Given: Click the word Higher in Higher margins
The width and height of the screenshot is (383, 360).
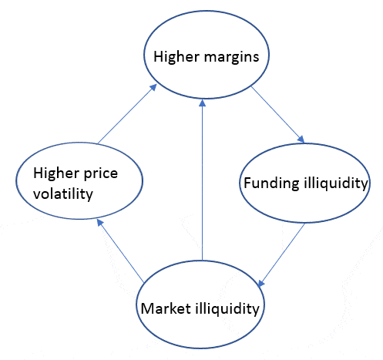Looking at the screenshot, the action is click(176, 57).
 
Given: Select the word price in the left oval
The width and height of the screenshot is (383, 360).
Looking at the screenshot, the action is click(101, 174).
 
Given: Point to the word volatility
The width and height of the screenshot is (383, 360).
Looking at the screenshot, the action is click(63, 193).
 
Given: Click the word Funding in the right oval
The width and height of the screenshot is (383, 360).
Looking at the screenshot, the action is click(271, 183).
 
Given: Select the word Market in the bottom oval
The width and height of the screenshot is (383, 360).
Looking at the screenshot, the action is click(166, 308).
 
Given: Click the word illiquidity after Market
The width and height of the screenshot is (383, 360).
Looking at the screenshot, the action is click(227, 308).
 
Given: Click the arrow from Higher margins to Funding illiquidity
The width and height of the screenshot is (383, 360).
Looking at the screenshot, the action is click(277, 115).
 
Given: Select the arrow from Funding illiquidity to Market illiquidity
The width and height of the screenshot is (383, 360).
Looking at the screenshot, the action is click(281, 255).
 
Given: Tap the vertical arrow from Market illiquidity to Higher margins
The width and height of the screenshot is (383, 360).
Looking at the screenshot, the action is click(203, 180).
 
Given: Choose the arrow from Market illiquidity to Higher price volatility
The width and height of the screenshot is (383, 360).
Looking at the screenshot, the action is click(120, 251).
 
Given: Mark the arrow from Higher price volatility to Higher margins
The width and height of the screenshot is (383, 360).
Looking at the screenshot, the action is click(127, 114).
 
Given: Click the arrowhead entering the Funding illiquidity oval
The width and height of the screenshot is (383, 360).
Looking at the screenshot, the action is click(301, 139).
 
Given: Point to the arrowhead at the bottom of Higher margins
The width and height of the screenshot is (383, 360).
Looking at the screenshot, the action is click(203, 103).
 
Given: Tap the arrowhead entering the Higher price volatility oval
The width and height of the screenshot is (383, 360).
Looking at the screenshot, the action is click(99, 223).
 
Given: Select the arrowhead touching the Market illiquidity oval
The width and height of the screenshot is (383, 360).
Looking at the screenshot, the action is click(260, 283).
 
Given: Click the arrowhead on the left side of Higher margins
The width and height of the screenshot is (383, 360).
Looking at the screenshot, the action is click(153, 87).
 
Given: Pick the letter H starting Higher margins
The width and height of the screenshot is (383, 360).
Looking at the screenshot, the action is click(158, 56).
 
